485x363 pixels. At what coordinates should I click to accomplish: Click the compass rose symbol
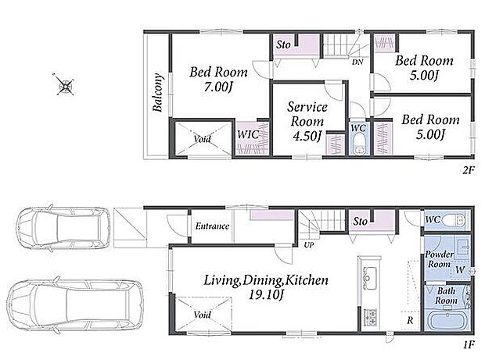point(65,84)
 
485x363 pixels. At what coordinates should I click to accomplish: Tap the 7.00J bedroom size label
point(217,87)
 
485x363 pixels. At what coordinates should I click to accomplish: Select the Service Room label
point(307,114)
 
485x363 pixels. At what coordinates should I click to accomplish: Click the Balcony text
point(158,92)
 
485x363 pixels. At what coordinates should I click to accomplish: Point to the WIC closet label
point(248,134)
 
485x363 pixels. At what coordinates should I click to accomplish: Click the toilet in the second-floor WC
point(359,143)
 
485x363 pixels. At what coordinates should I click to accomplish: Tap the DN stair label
point(357,62)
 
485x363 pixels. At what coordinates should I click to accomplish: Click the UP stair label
point(309,245)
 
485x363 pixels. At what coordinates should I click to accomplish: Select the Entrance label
point(212,226)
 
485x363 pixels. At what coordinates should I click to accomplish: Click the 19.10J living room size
point(266,295)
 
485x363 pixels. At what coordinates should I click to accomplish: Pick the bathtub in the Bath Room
point(447,320)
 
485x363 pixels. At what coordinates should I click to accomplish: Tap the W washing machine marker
point(460,270)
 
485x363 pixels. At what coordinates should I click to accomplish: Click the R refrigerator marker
point(410,320)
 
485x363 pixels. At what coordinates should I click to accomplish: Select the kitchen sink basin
point(369,275)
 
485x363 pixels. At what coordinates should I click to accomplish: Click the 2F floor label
point(469,169)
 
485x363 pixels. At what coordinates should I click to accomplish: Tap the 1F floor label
point(469,345)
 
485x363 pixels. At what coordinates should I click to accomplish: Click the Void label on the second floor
point(203,139)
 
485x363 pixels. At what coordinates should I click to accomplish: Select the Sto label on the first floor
point(361,222)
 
